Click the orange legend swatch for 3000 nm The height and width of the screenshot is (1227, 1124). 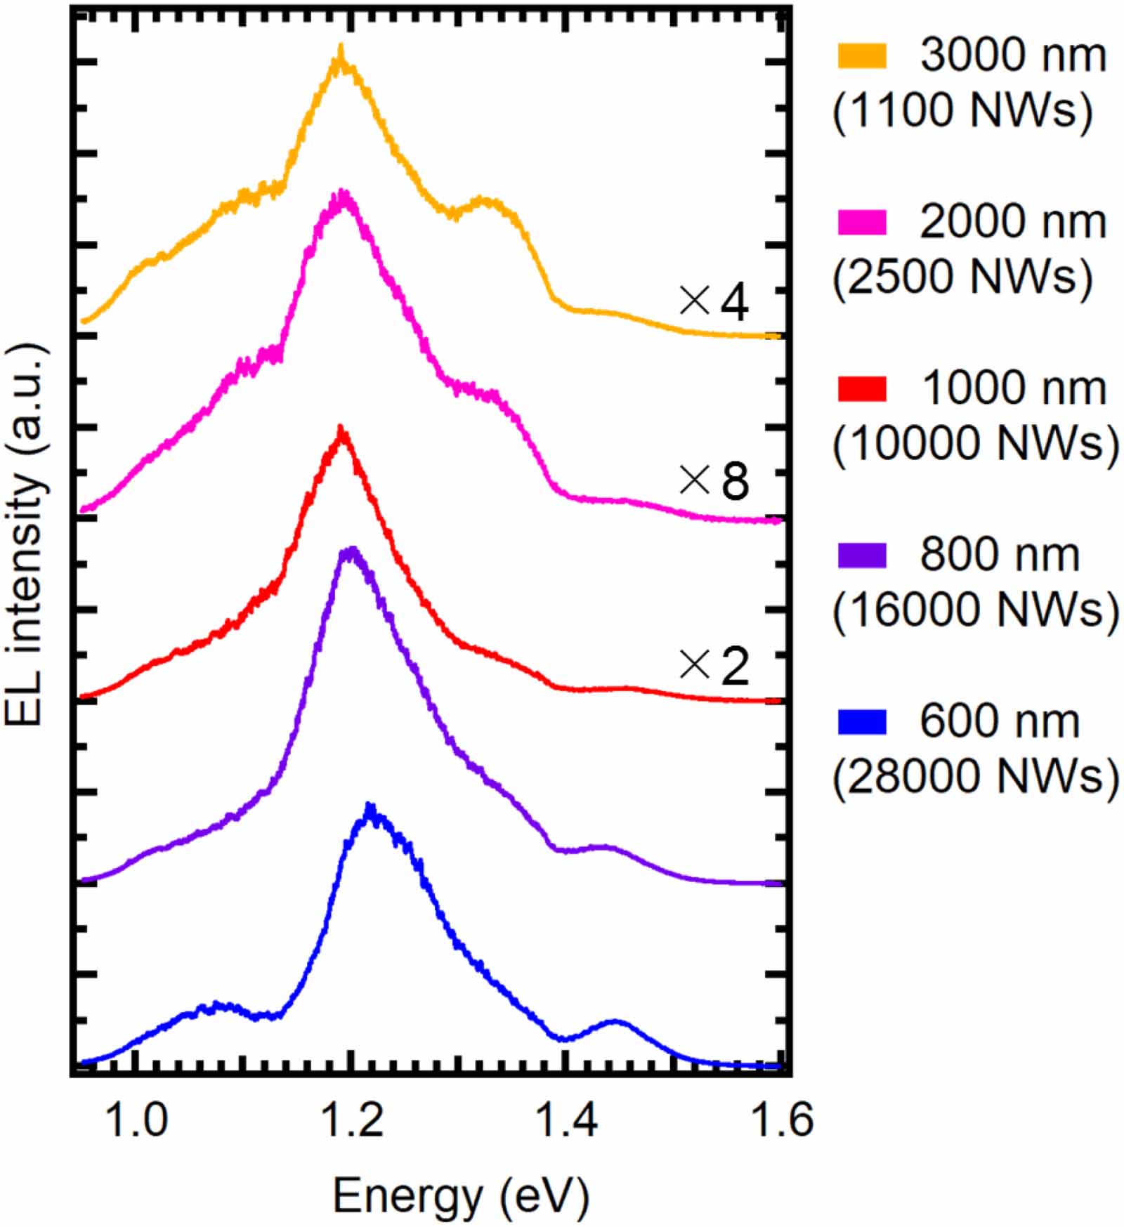point(862,55)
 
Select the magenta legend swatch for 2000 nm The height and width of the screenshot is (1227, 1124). point(862,222)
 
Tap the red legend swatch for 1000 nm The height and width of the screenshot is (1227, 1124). point(862,388)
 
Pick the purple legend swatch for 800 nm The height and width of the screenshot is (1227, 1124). point(862,555)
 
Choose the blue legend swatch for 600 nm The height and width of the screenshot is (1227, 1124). point(862,721)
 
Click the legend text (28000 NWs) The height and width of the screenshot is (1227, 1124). point(975,777)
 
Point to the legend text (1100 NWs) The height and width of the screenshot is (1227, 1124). point(962,110)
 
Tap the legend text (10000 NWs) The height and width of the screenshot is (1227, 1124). point(975,443)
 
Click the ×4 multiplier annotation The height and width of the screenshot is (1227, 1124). point(714,302)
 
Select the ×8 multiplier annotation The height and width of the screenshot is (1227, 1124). point(714,482)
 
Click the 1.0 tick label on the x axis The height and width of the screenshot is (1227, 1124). point(136,1118)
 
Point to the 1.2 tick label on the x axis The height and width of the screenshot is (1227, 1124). point(351,1118)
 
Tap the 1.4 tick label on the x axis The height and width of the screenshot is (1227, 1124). point(566,1118)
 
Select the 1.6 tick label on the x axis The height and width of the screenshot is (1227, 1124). point(781,1118)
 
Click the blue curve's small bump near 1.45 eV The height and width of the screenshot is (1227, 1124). point(615,1021)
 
